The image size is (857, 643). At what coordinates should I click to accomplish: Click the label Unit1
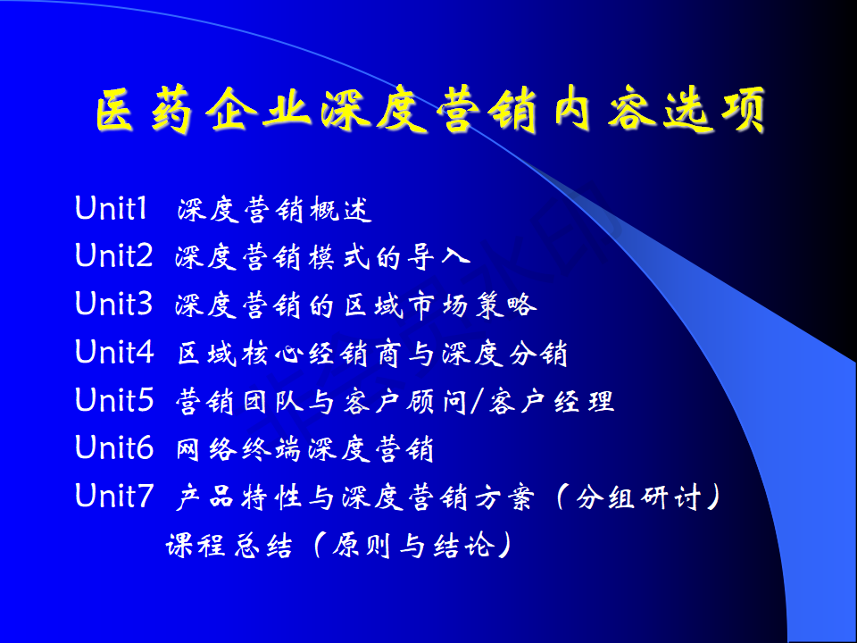tap(111, 208)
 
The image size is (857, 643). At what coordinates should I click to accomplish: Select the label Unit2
tap(113, 255)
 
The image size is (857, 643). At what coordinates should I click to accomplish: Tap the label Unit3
tap(113, 304)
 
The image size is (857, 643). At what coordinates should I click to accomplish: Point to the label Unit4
tap(114, 351)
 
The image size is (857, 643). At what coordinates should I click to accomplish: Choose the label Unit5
tap(114, 399)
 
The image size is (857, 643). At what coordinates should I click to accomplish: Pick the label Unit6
tap(114, 447)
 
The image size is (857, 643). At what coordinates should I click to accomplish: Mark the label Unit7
tap(114, 495)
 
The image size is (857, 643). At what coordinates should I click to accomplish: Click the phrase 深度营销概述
tap(275, 209)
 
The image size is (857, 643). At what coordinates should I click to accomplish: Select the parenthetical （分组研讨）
tap(637, 497)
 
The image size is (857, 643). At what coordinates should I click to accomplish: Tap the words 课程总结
tap(229, 545)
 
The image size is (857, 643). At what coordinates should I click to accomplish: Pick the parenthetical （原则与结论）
tap(414, 545)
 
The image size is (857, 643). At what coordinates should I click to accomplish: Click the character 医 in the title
tap(116, 110)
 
